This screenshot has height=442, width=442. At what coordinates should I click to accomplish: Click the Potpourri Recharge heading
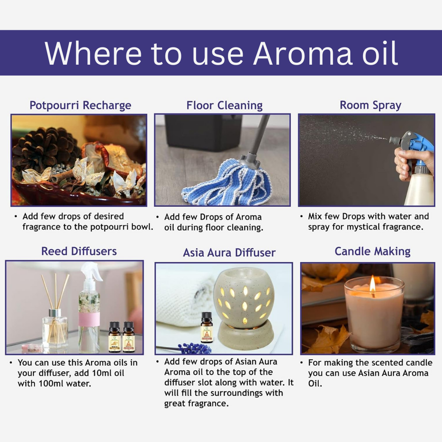coord(80,105)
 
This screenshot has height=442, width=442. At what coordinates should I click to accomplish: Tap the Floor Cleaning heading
coord(224,105)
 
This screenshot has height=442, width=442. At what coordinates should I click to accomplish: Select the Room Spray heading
coord(370,105)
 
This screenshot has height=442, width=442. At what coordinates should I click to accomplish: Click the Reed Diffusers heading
coord(79,251)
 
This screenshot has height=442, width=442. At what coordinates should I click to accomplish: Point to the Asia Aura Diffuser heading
coord(229,253)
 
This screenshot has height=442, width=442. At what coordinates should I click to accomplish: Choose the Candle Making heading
coord(372,251)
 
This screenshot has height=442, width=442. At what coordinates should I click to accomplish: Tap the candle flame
coord(372,284)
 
